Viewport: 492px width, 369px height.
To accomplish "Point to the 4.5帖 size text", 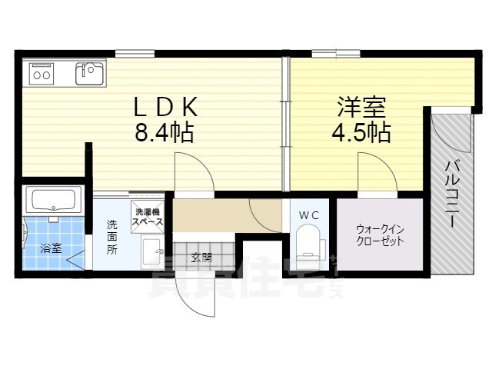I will coord(361,132).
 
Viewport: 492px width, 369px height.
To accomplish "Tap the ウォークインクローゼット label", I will coord(380,234).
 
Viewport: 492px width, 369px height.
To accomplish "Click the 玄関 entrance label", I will coord(202,257).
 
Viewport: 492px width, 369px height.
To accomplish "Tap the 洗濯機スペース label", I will coord(147,217).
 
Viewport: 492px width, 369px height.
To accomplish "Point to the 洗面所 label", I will coord(112,238).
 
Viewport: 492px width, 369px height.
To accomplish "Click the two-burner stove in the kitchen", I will coord(41,75).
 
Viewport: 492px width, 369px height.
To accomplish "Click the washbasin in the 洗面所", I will coord(152,251).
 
